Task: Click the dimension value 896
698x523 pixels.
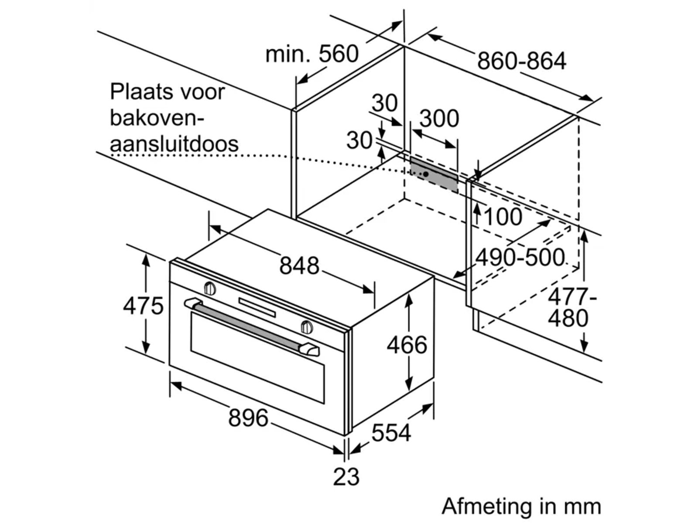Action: pos(248,418)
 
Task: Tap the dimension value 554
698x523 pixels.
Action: pos(391,432)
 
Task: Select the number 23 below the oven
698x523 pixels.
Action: pos(346,476)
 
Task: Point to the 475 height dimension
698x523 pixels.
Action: pos(143,306)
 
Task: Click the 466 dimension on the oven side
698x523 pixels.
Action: pos(407,345)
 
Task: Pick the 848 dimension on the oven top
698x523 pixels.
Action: pos(299,265)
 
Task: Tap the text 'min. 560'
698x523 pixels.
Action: pos(311,54)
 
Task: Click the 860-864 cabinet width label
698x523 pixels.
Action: pos(521,61)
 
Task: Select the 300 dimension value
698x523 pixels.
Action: pos(439,119)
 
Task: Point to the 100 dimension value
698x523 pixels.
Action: pos(503,217)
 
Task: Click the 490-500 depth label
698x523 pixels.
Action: pos(520,257)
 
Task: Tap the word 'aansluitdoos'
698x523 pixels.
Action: pos(174,143)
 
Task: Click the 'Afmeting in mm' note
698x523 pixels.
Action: pos(521,506)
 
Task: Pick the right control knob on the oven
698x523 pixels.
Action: pos(307,326)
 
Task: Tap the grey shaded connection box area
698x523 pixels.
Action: pos(434,174)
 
